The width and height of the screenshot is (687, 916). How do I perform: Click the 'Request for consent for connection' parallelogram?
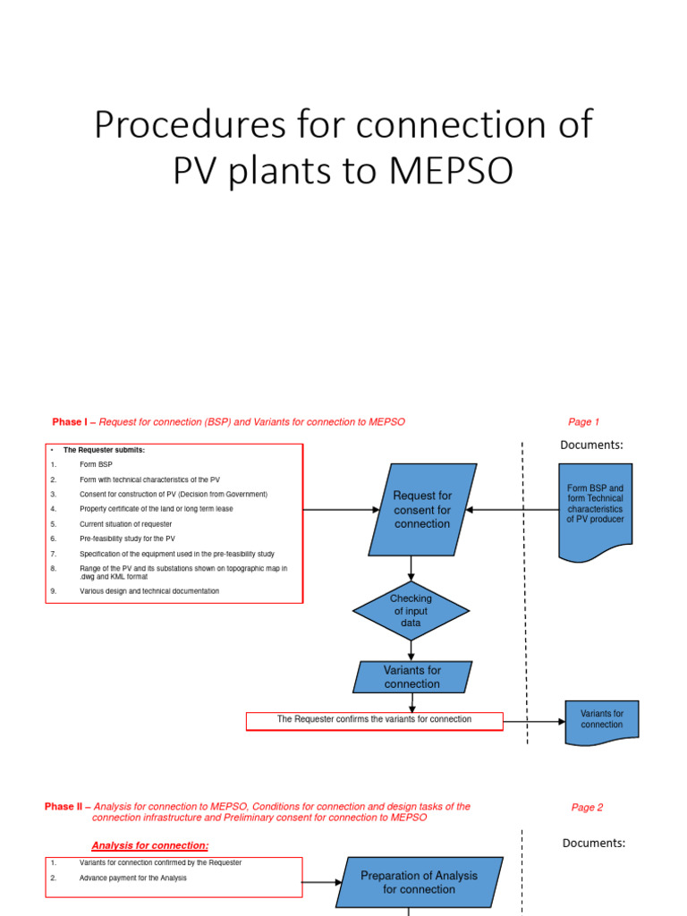[421, 509]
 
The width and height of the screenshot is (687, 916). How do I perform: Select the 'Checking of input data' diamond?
[411, 610]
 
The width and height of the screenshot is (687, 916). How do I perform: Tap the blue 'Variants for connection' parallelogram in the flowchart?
[411, 677]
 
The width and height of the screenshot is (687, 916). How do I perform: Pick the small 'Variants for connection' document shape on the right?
[601, 720]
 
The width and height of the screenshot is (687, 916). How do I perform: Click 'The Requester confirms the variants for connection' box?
[374, 720]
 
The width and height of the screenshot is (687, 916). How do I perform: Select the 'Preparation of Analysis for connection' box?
[419, 882]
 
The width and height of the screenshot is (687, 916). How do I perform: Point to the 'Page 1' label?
[583, 422]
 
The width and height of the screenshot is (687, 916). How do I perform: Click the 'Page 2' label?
[587, 807]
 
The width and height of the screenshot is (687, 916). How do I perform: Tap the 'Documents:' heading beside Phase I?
[591, 445]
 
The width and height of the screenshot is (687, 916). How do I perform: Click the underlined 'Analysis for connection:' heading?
[150, 845]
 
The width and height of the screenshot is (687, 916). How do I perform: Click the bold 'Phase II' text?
[65, 807]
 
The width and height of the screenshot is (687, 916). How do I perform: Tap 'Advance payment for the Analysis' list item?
[132, 878]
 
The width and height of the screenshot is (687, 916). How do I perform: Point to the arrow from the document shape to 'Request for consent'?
[512, 510]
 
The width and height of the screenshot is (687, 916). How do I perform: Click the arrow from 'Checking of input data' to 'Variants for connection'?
[411, 650]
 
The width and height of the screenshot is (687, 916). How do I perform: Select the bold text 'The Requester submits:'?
[104, 450]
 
